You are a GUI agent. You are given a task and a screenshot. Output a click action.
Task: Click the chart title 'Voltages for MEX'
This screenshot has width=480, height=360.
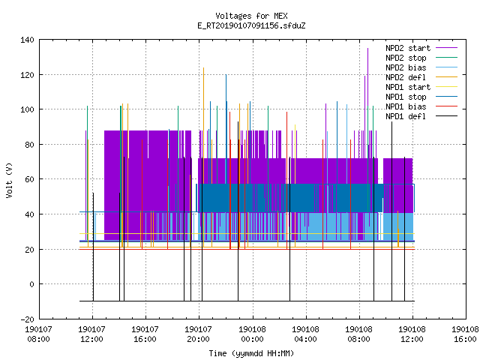(x=251, y=16)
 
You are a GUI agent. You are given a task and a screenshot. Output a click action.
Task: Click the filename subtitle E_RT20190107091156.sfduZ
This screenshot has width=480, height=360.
(x=251, y=25)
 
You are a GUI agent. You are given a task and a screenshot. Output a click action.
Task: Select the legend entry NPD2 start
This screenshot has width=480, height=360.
(x=421, y=48)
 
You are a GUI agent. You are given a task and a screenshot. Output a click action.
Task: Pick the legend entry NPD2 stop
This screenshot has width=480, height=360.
(x=421, y=58)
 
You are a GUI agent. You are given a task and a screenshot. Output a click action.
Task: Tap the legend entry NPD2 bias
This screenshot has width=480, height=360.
(x=421, y=67)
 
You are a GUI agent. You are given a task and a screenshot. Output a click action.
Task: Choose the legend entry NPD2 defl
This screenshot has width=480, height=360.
(x=421, y=77)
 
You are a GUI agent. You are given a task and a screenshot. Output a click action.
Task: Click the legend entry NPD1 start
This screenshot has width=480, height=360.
(x=421, y=87)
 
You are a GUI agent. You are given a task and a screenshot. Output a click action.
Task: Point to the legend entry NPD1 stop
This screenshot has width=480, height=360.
(x=421, y=97)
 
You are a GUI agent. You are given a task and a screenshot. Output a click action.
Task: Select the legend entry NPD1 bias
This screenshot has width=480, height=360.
(x=421, y=106)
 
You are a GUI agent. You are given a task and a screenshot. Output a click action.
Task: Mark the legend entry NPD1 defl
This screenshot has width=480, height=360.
(x=421, y=116)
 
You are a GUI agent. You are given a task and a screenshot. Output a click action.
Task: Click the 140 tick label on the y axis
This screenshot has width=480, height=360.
(x=27, y=40)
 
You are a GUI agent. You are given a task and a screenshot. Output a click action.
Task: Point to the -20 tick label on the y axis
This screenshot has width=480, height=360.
(x=27, y=319)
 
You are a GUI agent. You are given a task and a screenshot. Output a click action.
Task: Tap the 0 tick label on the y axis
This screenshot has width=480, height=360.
(x=31, y=284)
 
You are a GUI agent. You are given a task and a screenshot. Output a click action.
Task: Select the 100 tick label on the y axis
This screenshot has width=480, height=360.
(x=27, y=109)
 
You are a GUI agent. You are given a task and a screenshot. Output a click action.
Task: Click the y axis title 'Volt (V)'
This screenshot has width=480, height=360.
(x=9, y=180)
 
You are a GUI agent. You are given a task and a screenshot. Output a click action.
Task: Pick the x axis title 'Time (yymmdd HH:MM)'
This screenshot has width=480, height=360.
(x=251, y=353)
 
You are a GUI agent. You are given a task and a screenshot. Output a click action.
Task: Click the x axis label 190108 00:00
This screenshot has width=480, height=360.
(x=252, y=334)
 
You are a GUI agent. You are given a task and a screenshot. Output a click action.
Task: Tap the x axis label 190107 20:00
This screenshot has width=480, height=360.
(x=198, y=334)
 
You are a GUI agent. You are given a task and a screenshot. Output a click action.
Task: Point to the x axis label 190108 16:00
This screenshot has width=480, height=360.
(x=465, y=334)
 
